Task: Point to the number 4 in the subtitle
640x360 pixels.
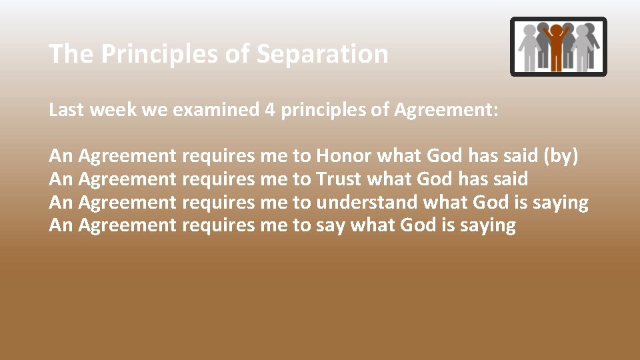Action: point(270,110)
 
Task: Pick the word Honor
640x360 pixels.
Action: point(344,156)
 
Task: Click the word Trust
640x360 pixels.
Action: point(339,179)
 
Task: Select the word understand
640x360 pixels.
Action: point(367,202)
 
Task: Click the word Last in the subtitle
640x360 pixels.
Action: point(66,110)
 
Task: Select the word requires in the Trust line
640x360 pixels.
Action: point(218,179)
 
